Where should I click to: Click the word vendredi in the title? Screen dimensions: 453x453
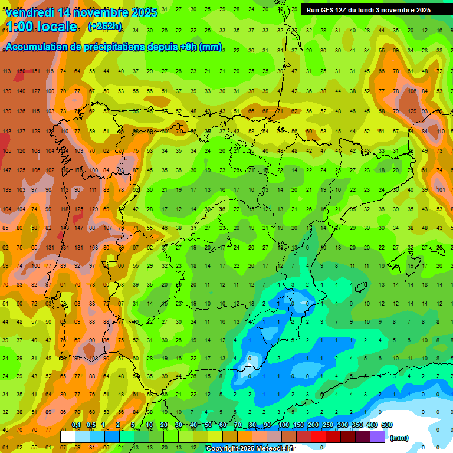tap(29, 12)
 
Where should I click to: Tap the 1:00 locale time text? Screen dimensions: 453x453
tap(41, 27)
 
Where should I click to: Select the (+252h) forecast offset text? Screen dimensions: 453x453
tap(105, 27)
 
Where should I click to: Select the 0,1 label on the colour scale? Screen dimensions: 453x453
tap(76, 425)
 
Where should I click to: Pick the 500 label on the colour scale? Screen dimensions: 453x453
tap(386, 425)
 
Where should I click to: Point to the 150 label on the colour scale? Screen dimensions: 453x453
tap(298, 425)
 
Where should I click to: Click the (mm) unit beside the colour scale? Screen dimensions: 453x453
tap(400, 438)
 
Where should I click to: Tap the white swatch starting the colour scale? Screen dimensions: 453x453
tap(68, 437)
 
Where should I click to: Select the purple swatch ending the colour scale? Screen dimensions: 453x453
tap(377, 437)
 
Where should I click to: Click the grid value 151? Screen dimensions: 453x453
tap(36, 71)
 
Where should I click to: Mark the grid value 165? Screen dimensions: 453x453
tap(7, 151)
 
